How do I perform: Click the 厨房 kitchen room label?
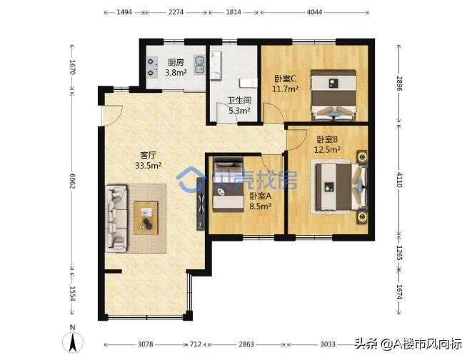pyautogui.click(x=176, y=62)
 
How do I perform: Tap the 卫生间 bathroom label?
pyautogui.click(x=239, y=100)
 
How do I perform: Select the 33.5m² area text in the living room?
pyautogui.click(x=148, y=165)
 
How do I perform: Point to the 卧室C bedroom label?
pyautogui.click(x=285, y=79)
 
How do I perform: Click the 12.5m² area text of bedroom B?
pyautogui.click(x=327, y=149)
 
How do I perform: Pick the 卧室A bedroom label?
pyautogui.click(x=261, y=196)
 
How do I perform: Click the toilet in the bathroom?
pyautogui.click(x=248, y=83)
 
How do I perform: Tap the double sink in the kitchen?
pyautogui.click(x=199, y=65)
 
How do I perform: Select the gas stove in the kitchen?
pyautogui.click(x=152, y=67)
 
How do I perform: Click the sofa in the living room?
pyautogui.click(x=116, y=219)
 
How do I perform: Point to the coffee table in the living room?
pyautogui.click(x=146, y=218)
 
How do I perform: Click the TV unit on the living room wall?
pyautogui.click(x=201, y=204)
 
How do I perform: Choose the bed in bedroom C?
pyautogui.click(x=333, y=95)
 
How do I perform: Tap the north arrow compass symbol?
pyautogui.click(x=73, y=341)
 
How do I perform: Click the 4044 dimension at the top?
pyautogui.click(x=314, y=12)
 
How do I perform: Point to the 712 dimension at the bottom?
pyautogui.click(x=196, y=344)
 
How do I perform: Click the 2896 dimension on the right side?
pyautogui.click(x=399, y=84)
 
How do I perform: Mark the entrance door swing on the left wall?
pyautogui.click(x=112, y=114)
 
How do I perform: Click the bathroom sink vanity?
pyautogui.click(x=216, y=65)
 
